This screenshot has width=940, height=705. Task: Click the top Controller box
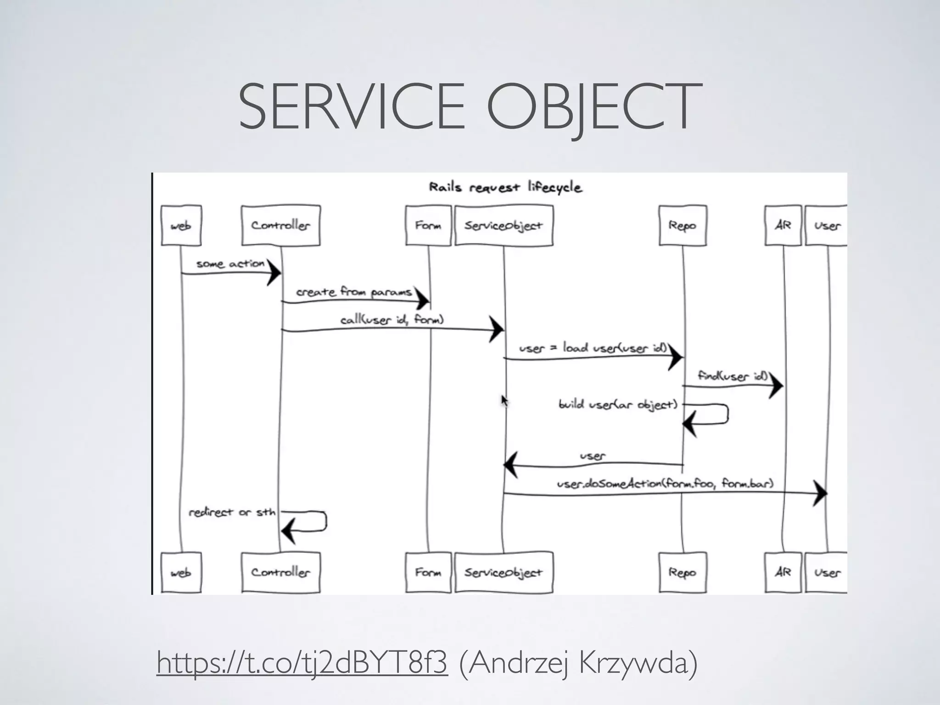click(280, 225)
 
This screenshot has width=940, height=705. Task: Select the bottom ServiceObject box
click(504, 572)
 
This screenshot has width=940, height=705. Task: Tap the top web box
click(181, 225)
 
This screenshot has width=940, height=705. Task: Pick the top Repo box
click(682, 225)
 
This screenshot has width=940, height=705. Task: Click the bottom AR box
click(783, 572)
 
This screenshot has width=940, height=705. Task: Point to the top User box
click(827, 225)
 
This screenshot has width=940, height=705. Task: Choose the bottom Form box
click(428, 572)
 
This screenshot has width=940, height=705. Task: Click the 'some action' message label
click(230, 264)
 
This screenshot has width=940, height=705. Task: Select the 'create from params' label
click(354, 292)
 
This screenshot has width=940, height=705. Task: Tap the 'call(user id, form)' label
click(392, 319)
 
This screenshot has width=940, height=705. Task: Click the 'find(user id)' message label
click(733, 376)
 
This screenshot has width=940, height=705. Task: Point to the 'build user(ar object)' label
click(618, 404)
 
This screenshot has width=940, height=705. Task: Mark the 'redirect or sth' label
click(232, 512)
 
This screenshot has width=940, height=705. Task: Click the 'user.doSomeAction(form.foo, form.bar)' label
click(665, 483)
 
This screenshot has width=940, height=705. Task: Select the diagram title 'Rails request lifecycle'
click(505, 187)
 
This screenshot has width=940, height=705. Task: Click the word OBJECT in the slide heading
click(594, 106)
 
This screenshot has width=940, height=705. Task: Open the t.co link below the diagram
click(302, 662)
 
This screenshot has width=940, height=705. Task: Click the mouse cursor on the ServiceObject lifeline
click(504, 401)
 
